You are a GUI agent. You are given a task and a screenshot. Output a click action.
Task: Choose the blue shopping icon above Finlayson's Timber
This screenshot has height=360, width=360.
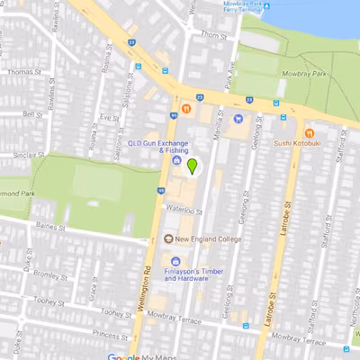(175, 262)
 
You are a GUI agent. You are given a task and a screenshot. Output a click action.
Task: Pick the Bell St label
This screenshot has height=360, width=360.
(32, 114)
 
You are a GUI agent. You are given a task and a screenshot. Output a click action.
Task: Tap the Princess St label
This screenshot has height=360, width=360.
(110, 333)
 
